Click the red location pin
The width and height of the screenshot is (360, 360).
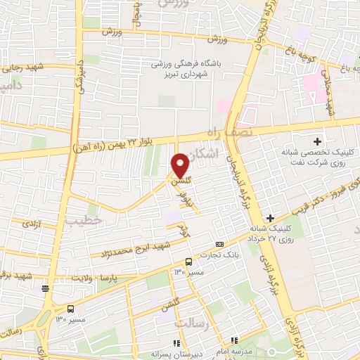pos(180,167)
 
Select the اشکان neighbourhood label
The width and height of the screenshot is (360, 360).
pos(205,152)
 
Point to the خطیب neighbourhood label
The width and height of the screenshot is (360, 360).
pos(84,221)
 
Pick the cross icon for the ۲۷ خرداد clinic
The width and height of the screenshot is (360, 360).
pos(271,218)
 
